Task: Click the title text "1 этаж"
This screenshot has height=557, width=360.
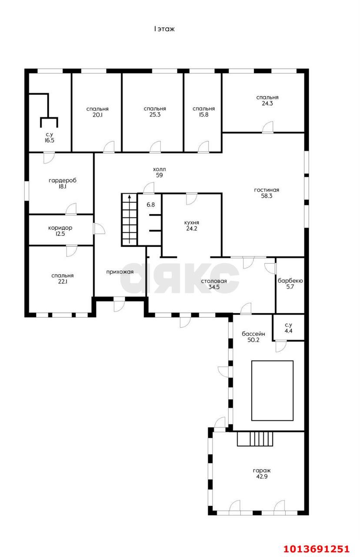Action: [x=164, y=29]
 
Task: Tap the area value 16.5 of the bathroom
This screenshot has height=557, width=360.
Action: [x=49, y=140]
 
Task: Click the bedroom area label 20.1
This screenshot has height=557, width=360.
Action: [x=97, y=115]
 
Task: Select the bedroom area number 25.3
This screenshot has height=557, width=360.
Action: [x=155, y=114]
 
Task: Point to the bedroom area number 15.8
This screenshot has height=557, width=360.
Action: [x=203, y=114]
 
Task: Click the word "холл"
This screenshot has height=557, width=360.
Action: [x=159, y=169]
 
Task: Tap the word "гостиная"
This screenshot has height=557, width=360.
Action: [x=267, y=190]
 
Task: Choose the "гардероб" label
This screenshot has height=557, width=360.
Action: [x=62, y=181]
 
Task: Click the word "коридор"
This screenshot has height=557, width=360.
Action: [x=60, y=228]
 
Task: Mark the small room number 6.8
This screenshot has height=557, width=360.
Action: [x=150, y=205]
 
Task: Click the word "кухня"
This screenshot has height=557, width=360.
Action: [x=192, y=223]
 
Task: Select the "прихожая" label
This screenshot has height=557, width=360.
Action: [x=120, y=272]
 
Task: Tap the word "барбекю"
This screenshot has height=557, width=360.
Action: [x=290, y=281]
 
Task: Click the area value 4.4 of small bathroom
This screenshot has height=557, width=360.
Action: [x=288, y=331]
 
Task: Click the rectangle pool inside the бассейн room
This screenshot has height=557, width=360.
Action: [x=272, y=390]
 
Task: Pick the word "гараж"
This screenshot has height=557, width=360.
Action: [x=262, y=471]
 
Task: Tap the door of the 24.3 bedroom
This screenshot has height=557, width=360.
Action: [x=268, y=128]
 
